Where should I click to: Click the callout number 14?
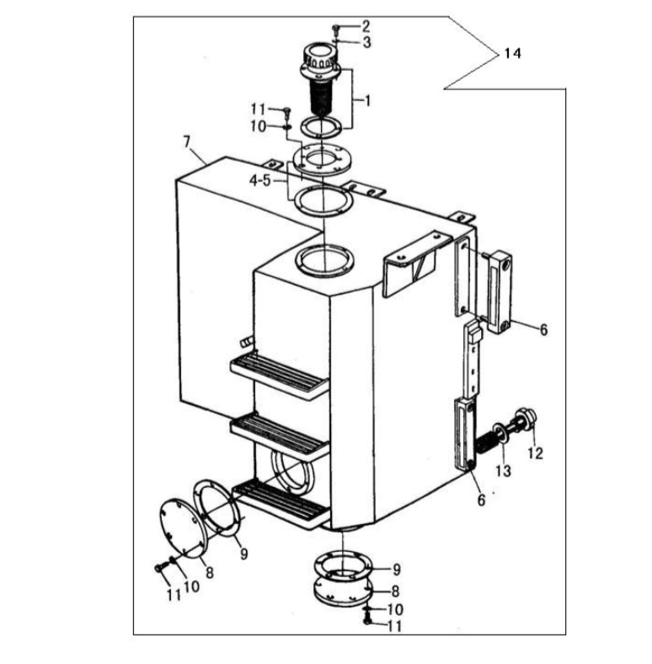512,53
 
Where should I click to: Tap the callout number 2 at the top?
366,26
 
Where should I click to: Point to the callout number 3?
366,42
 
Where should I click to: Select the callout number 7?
187,142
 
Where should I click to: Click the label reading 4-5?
260,181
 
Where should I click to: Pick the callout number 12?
535,453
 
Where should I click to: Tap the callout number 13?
504,470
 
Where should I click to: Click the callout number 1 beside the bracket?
367,101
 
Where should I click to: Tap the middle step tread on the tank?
280,436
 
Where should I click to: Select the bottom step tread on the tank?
281,504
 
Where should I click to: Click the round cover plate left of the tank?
183,528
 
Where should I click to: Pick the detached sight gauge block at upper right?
499,292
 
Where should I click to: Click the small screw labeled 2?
336,30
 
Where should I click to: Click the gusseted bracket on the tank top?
416,265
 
